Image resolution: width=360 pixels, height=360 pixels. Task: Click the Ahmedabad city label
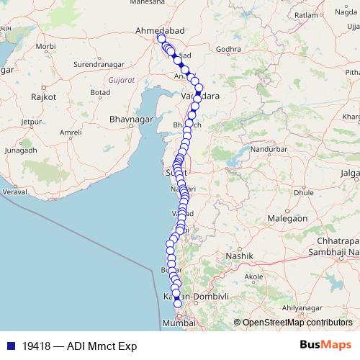(160, 31)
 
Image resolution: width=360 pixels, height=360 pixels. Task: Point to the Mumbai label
(179, 324)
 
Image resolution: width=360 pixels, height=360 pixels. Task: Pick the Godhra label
(227, 49)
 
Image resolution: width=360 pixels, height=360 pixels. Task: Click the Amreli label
(71, 133)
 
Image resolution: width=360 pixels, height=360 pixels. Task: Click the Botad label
(100, 92)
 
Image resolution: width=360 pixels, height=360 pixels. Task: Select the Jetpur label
(32, 122)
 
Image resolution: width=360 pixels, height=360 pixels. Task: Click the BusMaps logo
(325, 346)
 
